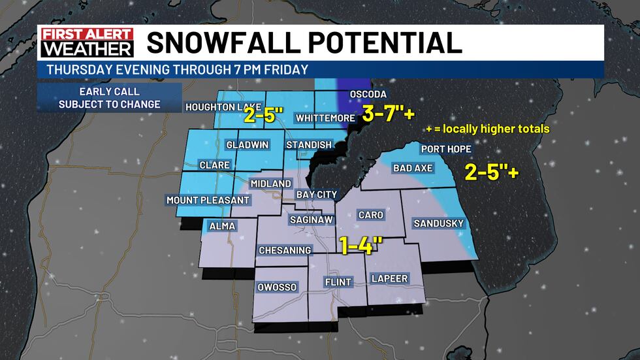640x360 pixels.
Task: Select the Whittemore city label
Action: (325, 118)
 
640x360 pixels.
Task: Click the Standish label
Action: (309, 144)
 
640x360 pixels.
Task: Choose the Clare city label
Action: (214, 165)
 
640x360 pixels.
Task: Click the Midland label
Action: (270, 184)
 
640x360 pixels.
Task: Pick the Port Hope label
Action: (446, 149)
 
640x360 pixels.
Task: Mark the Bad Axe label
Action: (412, 169)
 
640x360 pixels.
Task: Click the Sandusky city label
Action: (438, 223)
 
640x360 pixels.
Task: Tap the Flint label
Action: (338, 282)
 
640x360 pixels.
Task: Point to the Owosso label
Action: (278, 287)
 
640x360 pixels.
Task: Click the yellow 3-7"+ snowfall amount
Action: (389, 113)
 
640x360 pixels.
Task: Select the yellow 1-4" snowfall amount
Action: (360, 245)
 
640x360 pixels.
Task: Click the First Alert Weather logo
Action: (86, 42)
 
